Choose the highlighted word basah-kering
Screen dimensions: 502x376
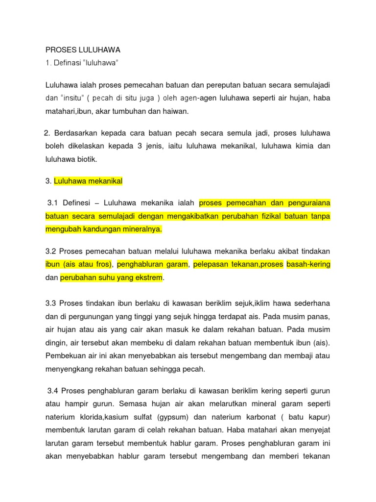coord(308,265)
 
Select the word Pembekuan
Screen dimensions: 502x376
coord(65,355)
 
